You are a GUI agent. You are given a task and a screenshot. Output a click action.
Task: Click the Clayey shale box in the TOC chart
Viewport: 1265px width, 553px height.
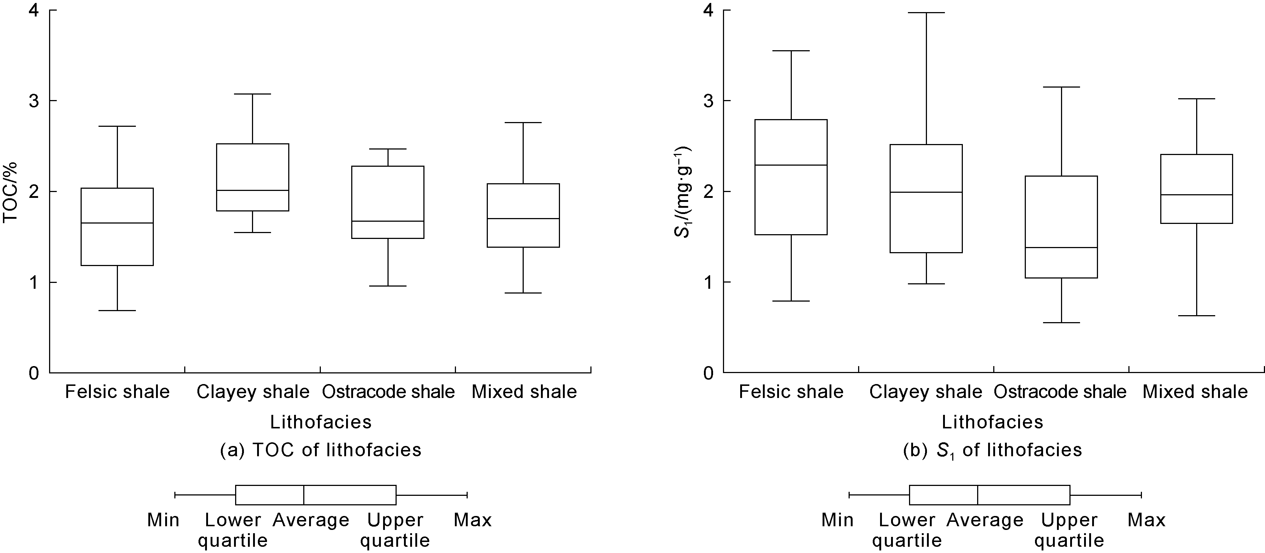(252, 177)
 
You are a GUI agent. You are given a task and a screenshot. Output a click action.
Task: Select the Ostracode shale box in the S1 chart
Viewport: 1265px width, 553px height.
(1061, 226)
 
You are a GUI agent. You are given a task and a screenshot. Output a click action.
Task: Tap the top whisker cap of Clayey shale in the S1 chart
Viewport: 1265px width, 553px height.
(926, 13)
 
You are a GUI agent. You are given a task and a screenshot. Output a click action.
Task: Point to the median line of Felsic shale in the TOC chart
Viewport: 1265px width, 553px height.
(117, 223)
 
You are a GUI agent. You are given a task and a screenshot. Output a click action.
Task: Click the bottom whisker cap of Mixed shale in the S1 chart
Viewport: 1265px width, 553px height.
(1196, 316)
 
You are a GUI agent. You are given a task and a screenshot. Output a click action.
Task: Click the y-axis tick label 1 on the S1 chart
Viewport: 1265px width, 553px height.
(708, 283)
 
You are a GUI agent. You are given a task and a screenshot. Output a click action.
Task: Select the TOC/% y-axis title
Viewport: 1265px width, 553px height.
(11, 192)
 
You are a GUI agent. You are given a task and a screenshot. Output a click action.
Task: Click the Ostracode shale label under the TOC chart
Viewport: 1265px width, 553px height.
(388, 392)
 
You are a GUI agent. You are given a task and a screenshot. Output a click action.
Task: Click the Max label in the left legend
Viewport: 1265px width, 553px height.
(472, 520)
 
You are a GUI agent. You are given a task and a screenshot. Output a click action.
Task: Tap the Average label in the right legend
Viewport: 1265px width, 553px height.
(985, 520)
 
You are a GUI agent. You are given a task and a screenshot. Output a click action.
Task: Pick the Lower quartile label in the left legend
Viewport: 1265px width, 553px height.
(233, 530)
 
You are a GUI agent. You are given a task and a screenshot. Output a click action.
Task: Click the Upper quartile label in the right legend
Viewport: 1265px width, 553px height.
(1069, 530)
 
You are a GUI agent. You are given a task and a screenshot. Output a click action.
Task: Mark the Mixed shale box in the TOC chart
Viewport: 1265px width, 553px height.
(523, 215)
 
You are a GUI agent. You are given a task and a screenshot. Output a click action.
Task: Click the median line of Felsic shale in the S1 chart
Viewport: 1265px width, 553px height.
(791, 165)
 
